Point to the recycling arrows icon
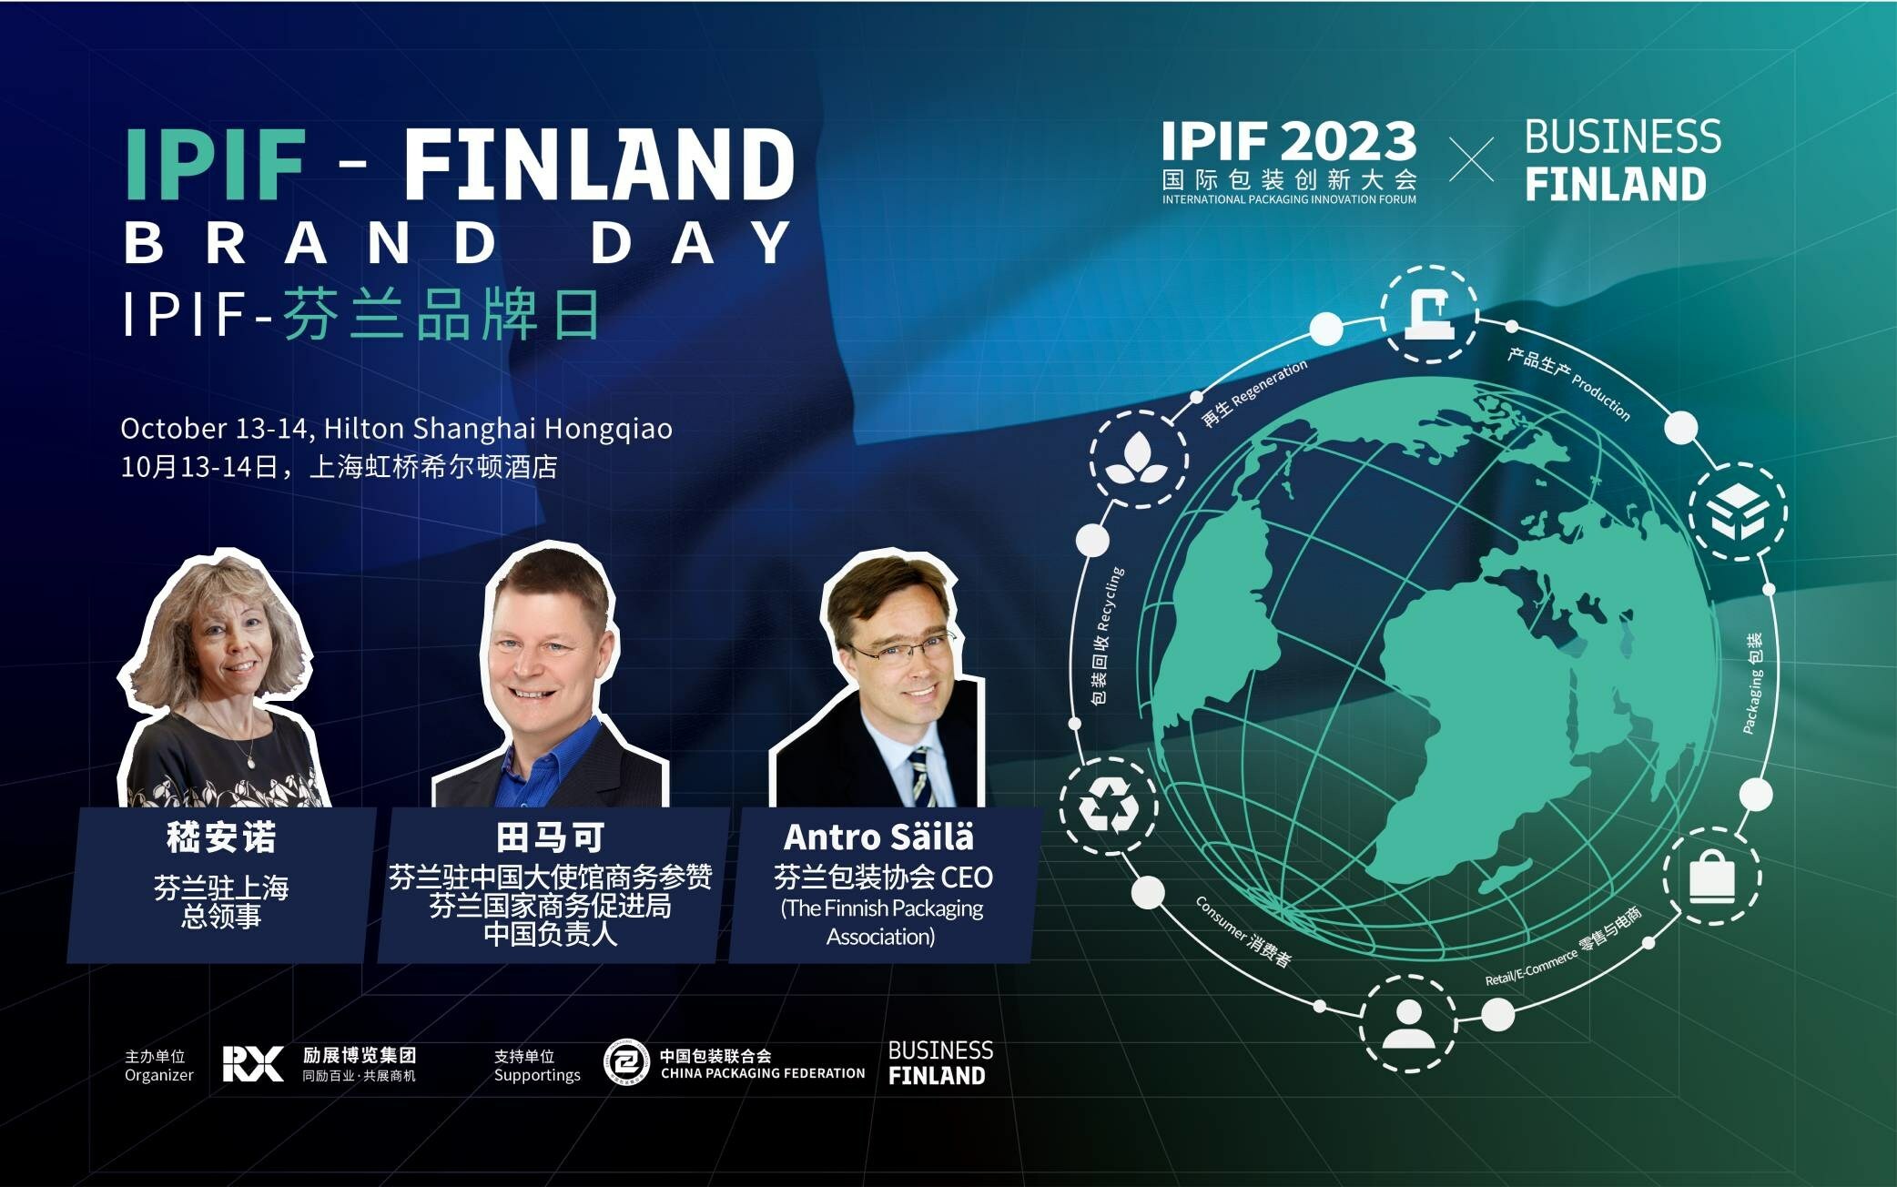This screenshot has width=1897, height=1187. click(x=1109, y=807)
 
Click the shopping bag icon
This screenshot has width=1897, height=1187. click(x=1711, y=876)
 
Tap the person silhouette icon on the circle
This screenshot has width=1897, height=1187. click(x=1407, y=1024)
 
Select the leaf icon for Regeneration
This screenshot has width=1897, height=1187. click(x=1137, y=459)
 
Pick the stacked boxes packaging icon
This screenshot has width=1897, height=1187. click(x=1738, y=512)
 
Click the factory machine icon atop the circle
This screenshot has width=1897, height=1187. click(x=1429, y=313)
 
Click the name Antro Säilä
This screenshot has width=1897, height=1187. click(x=878, y=837)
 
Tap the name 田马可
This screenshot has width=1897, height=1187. click(x=550, y=837)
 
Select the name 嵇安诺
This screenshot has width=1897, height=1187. click(x=221, y=837)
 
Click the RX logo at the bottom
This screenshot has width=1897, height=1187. click(x=253, y=1063)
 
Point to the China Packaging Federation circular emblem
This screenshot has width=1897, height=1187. click(x=626, y=1062)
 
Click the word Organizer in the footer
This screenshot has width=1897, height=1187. click(x=159, y=1075)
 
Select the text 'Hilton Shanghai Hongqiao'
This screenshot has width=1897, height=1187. click(x=498, y=428)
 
